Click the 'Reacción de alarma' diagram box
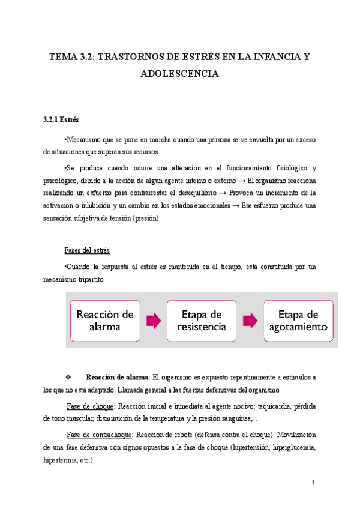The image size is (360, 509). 106,321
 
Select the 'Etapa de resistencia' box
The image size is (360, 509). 202,321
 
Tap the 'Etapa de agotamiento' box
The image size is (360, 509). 298,321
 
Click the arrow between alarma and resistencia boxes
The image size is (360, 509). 154,321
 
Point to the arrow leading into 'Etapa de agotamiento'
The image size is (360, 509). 250,321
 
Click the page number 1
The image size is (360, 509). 313,483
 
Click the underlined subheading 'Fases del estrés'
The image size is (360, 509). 87,233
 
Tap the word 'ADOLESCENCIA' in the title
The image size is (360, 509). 180,74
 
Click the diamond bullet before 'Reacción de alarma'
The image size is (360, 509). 67,378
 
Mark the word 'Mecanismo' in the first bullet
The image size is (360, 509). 83,139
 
